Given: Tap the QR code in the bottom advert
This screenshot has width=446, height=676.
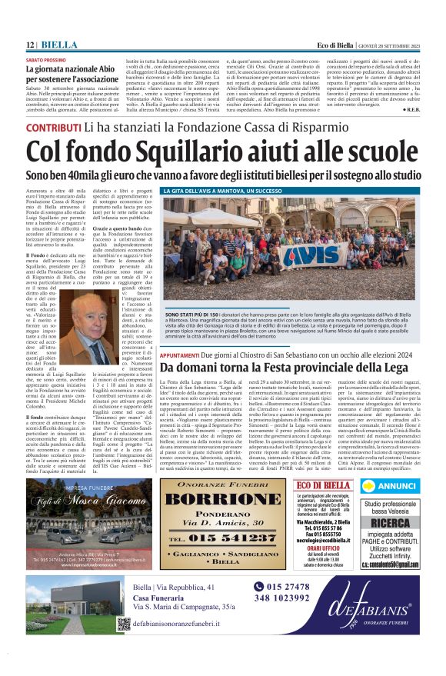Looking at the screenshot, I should (124, 624).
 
